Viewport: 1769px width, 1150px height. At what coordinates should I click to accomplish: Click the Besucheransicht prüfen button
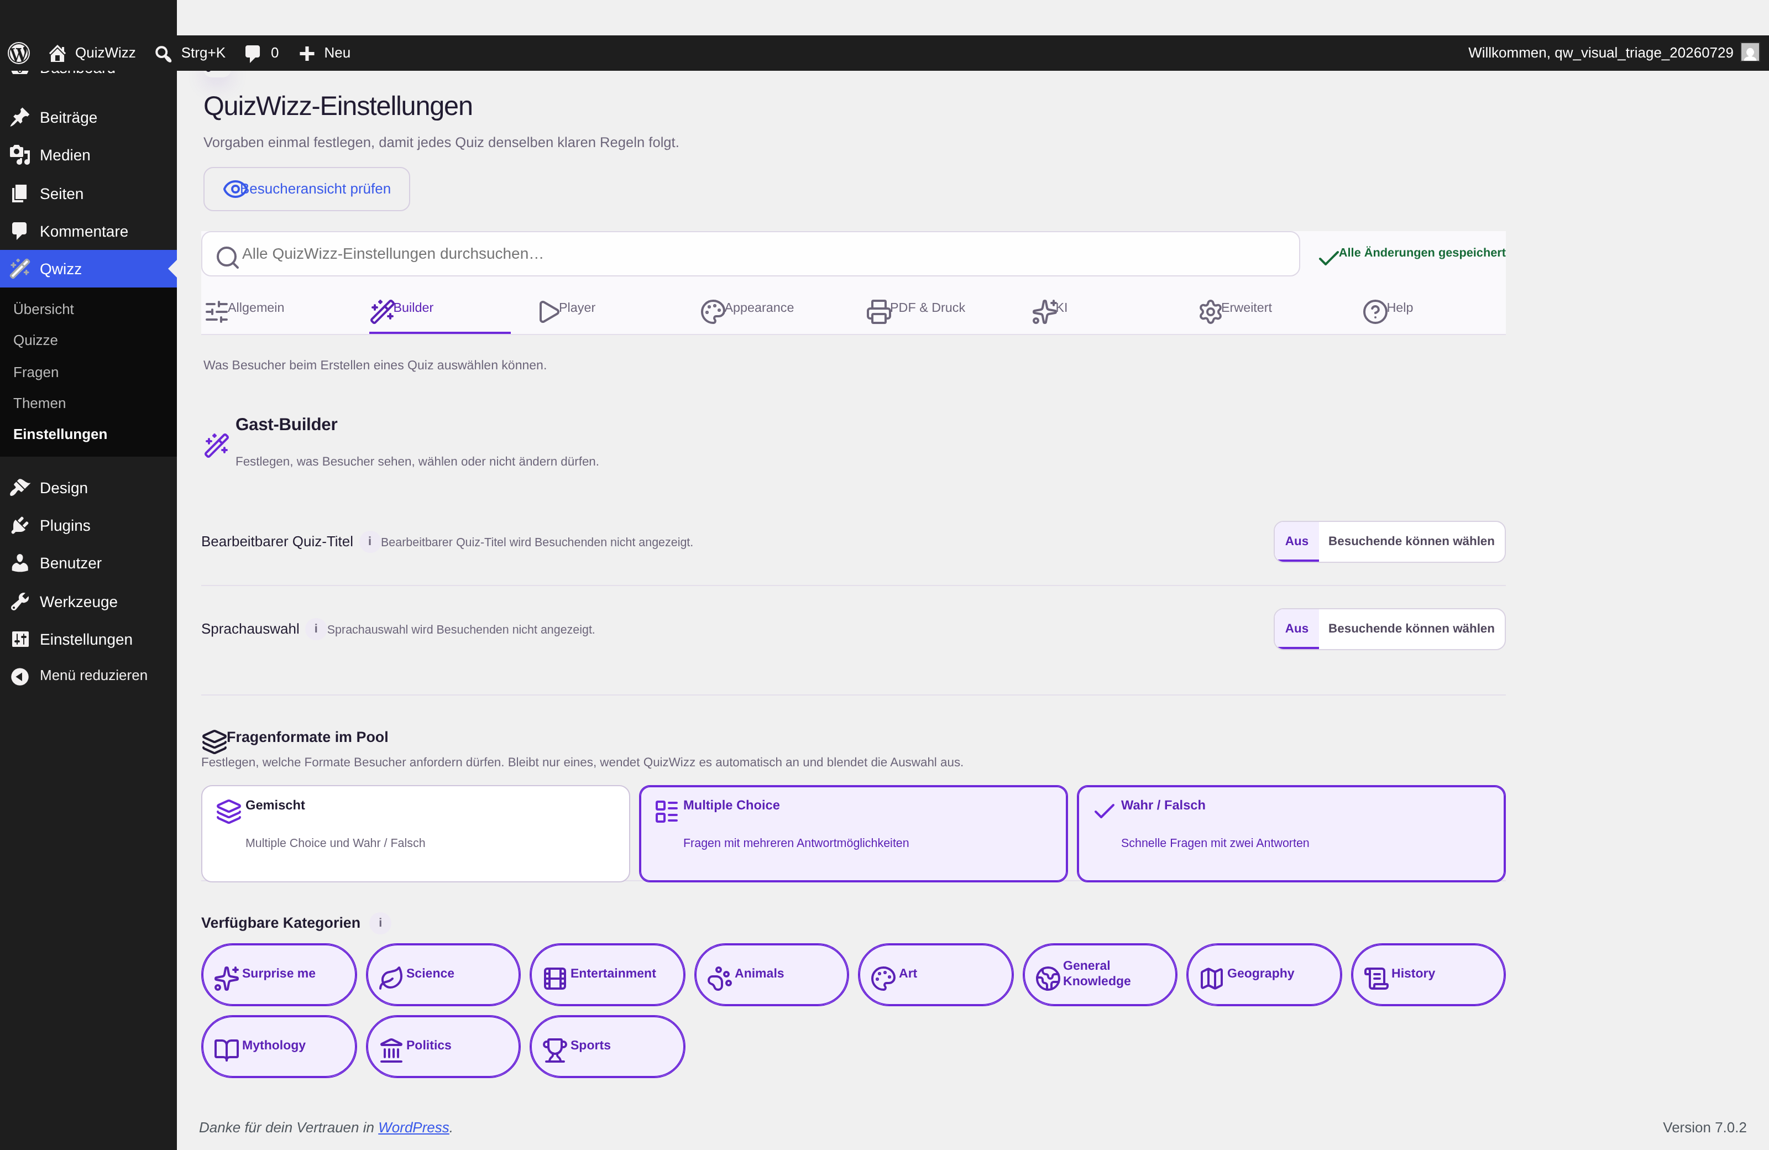coord(306,189)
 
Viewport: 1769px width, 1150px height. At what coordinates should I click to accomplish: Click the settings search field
coord(751,253)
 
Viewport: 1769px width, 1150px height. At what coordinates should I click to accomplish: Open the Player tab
coord(567,309)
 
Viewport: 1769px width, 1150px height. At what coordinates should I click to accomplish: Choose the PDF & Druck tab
coord(915,309)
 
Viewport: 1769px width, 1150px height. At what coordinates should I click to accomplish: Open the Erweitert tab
coord(1236,309)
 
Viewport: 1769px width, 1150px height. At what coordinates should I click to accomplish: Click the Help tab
coord(1388,309)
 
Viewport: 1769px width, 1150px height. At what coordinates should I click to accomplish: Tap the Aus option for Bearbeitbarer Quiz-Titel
coord(1296,541)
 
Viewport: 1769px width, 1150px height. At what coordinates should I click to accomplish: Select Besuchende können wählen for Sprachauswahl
coord(1411,629)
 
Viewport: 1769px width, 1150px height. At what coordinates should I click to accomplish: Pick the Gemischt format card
coord(416,833)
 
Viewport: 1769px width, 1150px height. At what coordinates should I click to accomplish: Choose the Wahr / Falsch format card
coord(1291,833)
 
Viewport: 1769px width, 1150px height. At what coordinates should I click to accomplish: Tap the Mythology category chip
coord(279,1046)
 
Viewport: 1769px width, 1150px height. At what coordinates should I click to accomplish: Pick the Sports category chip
coord(606,1046)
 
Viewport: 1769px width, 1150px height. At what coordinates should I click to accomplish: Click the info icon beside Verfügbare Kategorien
coord(380,923)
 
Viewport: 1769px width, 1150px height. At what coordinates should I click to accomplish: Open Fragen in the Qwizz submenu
coord(36,372)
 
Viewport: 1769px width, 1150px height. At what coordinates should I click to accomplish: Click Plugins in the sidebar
coord(65,526)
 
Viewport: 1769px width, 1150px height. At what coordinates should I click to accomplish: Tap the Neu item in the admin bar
coord(325,53)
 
